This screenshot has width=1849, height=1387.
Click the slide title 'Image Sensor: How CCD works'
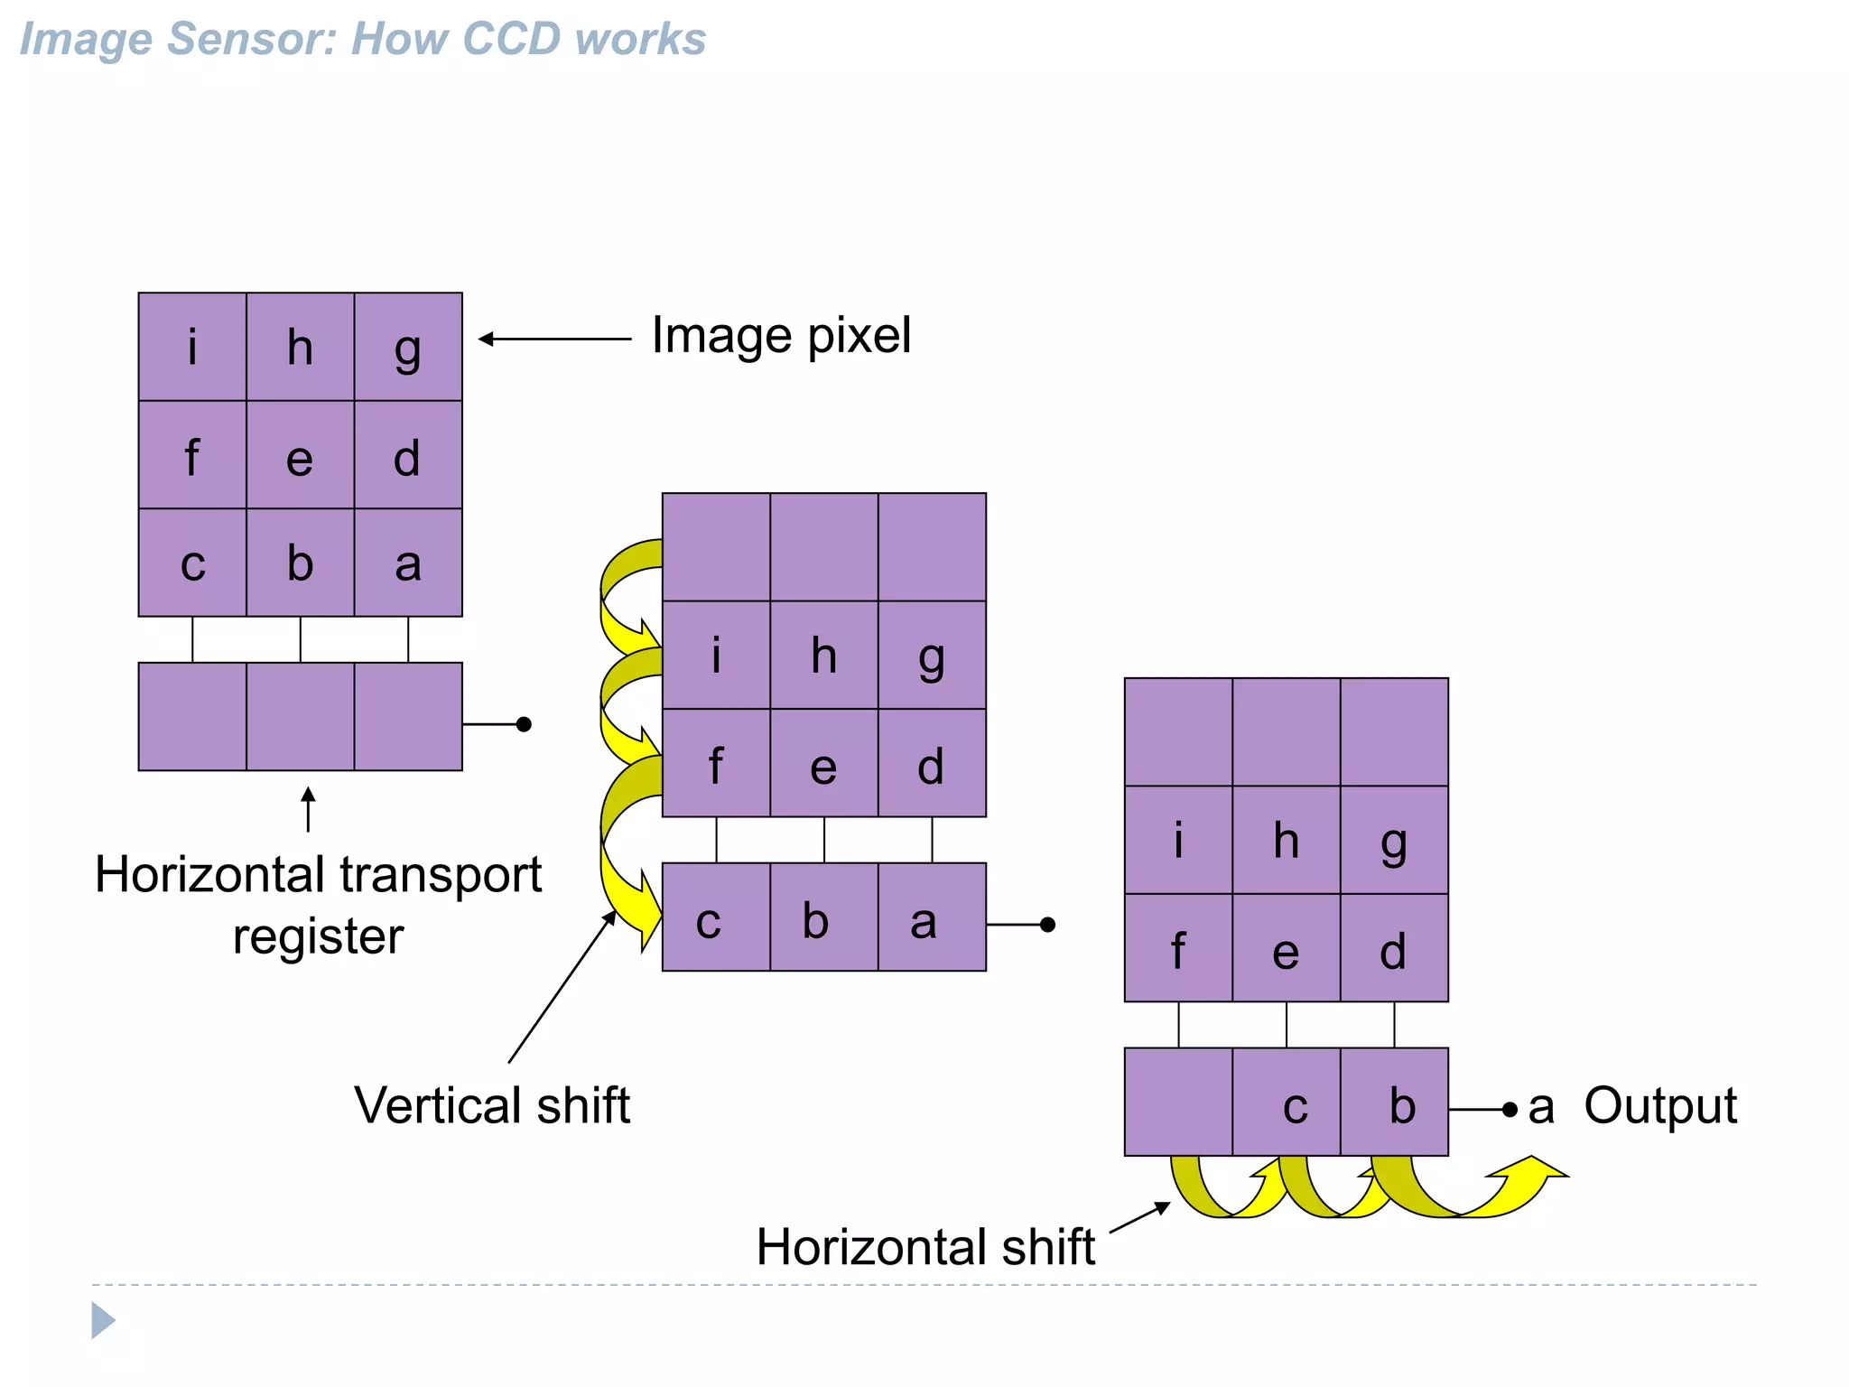tap(362, 39)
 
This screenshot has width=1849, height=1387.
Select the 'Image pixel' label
tap(781, 336)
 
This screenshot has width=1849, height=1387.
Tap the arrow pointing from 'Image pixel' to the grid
tap(554, 340)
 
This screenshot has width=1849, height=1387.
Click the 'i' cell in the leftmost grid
tap(192, 347)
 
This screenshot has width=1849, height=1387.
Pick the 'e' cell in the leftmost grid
tap(300, 455)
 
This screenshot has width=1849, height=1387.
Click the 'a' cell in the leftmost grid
tap(408, 563)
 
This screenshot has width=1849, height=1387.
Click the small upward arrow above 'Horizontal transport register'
tap(308, 808)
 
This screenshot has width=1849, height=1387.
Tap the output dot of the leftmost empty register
tap(524, 724)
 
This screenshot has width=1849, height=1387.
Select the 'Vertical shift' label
tap(492, 1105)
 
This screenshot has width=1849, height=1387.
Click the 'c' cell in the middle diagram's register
tap(716, 917)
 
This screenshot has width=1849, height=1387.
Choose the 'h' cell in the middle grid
tap(823, 656)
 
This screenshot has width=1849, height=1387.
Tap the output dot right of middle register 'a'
tap(1047, 925)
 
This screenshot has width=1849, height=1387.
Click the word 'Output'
tap(1659, 1106)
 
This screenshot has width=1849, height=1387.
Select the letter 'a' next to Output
tap(1541, 1107)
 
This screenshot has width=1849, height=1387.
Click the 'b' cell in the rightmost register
tap(1394, 1103)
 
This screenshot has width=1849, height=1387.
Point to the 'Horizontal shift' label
tap(925, 1247)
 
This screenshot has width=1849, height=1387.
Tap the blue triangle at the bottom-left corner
tap(102, 1320)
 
